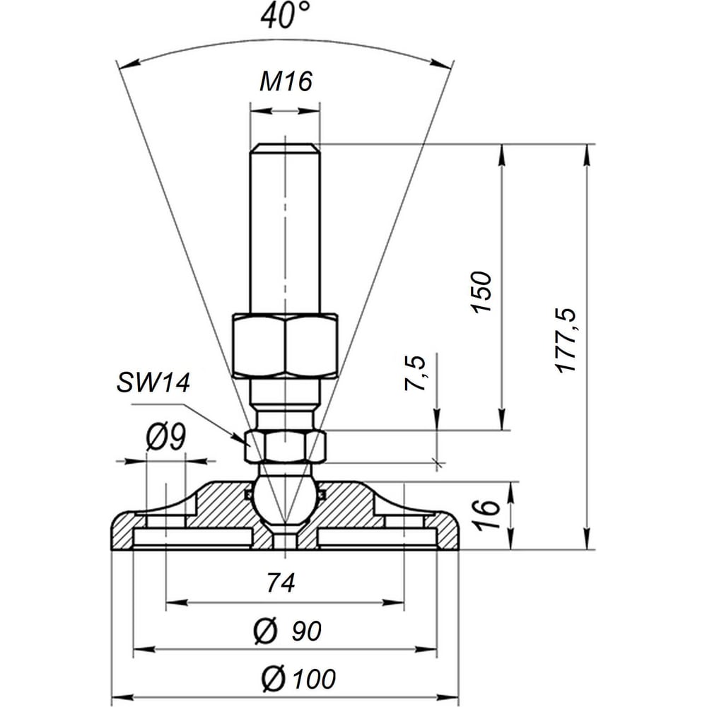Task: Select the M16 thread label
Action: click(x=286, y=81)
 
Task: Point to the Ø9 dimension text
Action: click(x=166, y=438)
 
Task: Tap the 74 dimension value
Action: click(x=281, y=582)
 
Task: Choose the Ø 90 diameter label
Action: click(x=288, y=631)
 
